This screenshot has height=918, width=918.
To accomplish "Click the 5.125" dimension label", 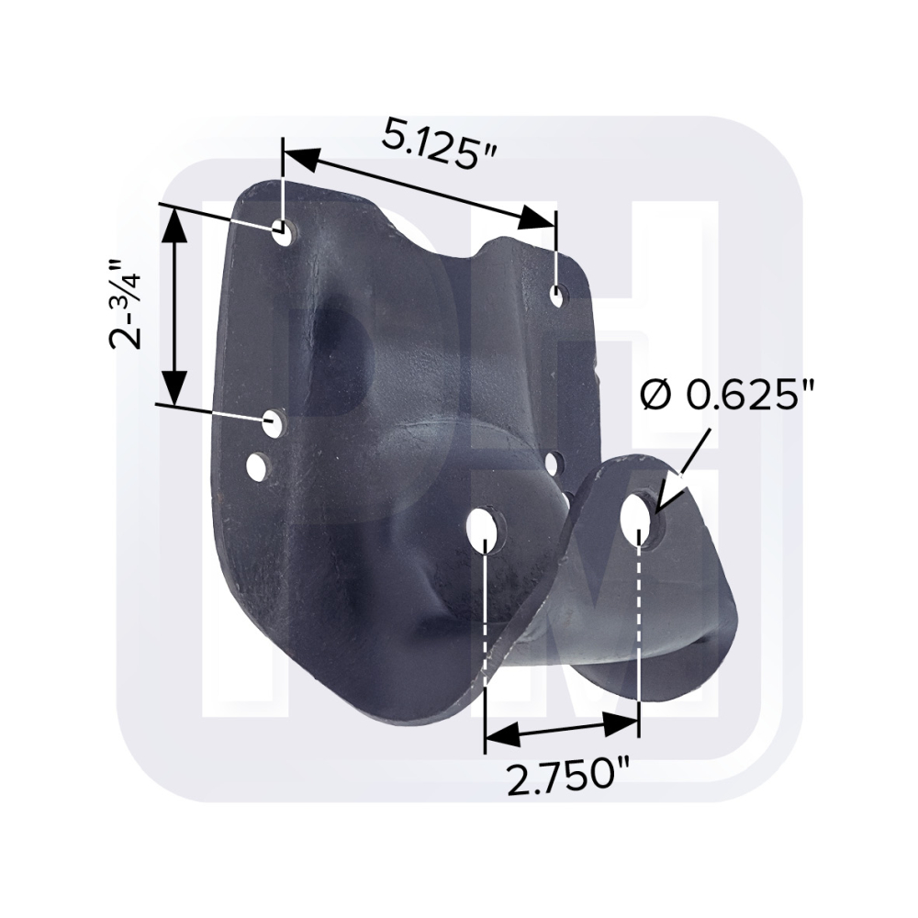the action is (x=440, y=143).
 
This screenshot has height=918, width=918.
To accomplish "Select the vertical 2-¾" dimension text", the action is (x=127, y=304).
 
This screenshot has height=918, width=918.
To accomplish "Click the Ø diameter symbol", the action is (x=655, y=397).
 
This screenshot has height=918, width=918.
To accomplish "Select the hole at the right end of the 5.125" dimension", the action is (x=556, y=297).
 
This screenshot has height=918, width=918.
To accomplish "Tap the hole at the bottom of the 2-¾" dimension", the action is (x=273, y=423).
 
